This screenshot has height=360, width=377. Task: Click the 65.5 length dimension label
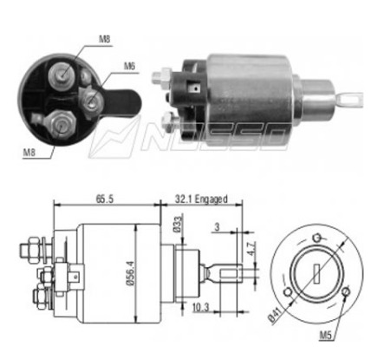105,199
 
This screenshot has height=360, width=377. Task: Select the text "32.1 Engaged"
201,199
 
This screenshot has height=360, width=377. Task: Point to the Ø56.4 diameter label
130,273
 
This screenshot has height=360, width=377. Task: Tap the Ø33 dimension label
178,224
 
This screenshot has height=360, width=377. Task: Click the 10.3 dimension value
200,307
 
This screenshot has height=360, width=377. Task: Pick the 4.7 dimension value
250,249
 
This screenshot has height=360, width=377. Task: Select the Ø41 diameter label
275,315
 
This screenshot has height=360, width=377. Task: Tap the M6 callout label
129,66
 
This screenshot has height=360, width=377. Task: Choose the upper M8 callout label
105,39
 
